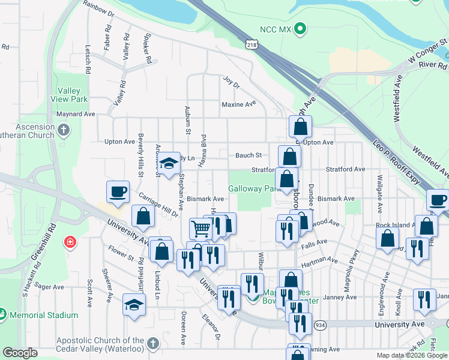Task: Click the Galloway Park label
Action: pos(252,188)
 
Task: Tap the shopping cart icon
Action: pos(200,227)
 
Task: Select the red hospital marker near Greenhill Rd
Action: pos(70,242)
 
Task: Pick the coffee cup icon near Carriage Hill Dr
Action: pos(118,191)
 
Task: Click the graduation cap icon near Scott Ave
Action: pos(134,304)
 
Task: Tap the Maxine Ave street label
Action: pos(238,104)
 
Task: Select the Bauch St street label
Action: pos(248,155)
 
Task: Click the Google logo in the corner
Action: pos(20,353)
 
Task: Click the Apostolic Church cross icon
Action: pos(153,344)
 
